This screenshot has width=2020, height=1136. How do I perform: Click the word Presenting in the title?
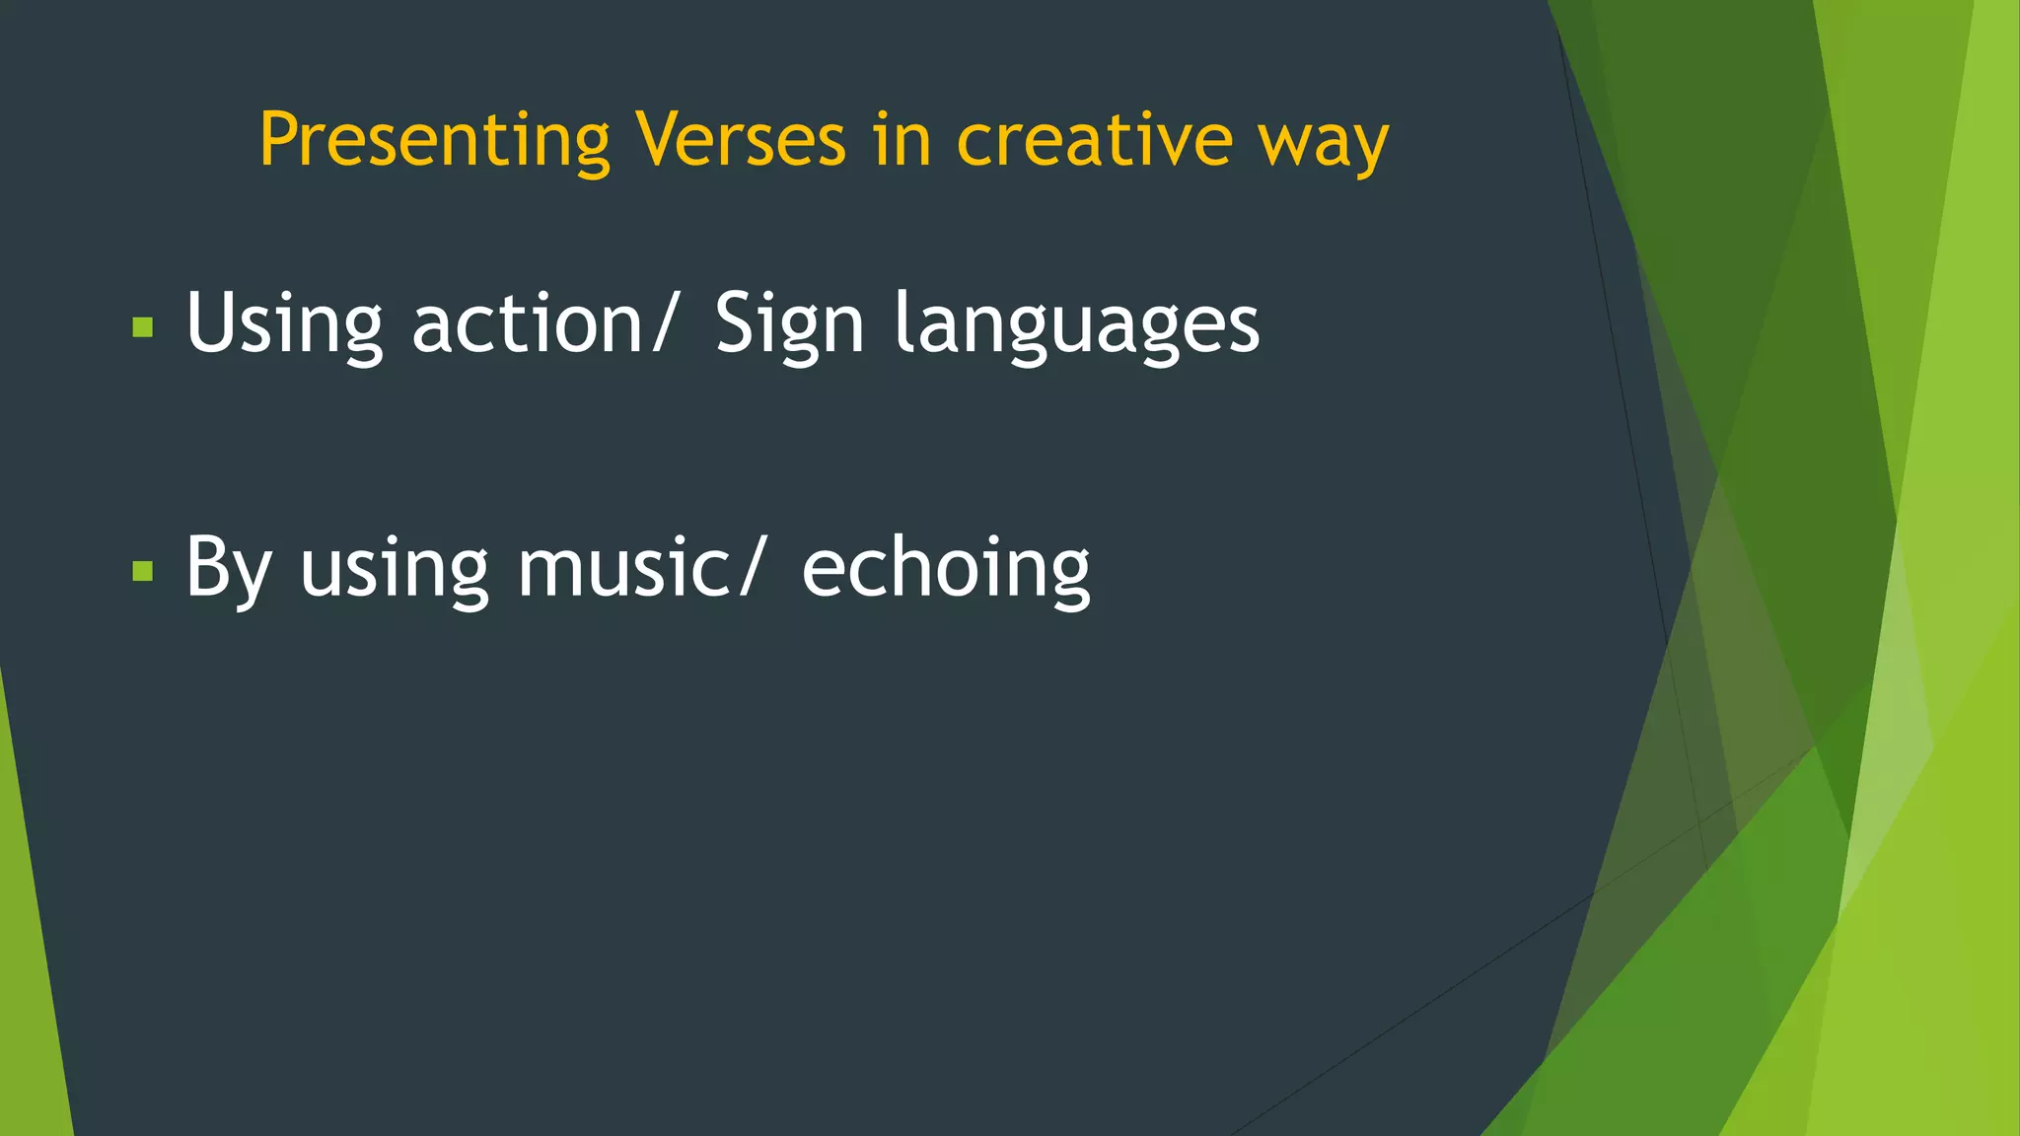pyautogui.click(x=434, y=141)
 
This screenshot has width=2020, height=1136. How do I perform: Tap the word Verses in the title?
pyautogui.click(x=741, y=139)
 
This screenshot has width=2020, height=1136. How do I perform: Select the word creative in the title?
pyautogui.click(x=1094, y=139)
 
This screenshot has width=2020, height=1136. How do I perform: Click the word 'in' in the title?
pyautogui.click(x=902, y=139)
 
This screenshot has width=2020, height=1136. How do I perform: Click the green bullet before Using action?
pyautogui.click(x=143, y=327)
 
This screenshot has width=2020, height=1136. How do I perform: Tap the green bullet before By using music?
pyautogui.click(x=143, y=571)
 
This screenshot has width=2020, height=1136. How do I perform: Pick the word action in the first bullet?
pyautogui.click(x=528, y=323)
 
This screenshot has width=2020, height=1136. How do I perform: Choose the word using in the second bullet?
pyautogui.click(x=395, y=571)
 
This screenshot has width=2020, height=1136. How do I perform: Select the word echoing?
pyautogui.click(x=946, y=569)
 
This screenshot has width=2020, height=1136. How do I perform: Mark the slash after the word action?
pyautogui.click(x=663, y=323)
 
